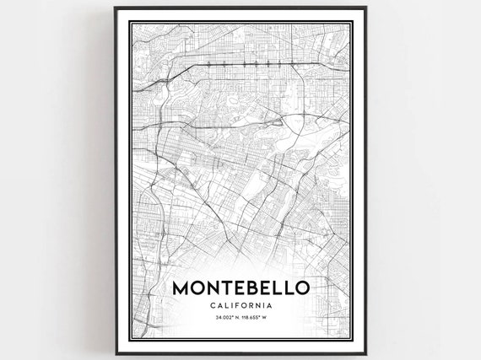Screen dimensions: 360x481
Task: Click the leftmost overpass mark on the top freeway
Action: [208, 62]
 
